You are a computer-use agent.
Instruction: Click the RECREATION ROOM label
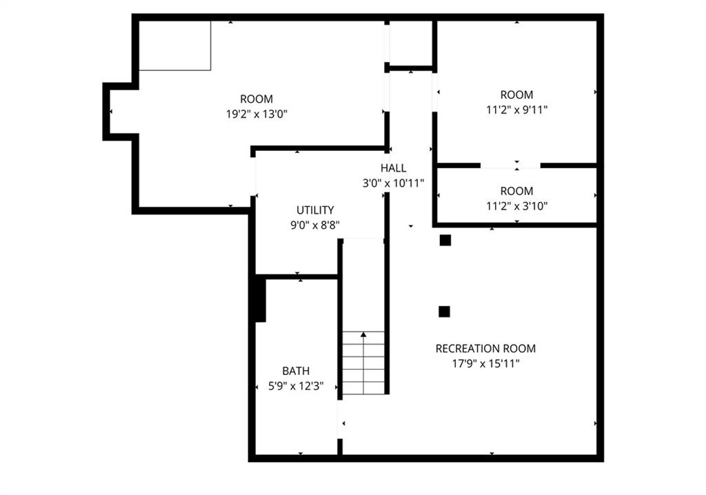coord(485,349)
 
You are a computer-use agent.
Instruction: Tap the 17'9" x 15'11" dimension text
coord(485,363)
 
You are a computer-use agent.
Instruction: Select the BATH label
coord(296,371)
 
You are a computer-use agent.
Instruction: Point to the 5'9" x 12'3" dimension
coord(296,386)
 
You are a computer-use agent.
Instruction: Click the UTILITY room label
coord(315,210)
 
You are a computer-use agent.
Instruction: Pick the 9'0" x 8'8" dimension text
coord(315,225)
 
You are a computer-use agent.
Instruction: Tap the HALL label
coord(394,168)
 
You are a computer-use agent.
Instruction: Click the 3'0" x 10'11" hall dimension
coord(394,183)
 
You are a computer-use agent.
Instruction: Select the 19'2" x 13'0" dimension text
coord(256,114)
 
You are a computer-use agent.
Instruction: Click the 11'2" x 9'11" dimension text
coord(517,110)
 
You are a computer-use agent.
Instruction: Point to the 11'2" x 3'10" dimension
coord(517,206)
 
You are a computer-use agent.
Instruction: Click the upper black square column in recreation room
coord(445,241)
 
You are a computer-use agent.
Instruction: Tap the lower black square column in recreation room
coord(445,312)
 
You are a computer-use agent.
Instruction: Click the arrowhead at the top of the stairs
coord(363,334)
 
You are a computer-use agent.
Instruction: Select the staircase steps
coord(364,363)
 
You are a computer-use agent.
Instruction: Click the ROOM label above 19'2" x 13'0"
coord(256,99)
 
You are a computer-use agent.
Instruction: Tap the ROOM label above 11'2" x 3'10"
coord(517,191)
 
